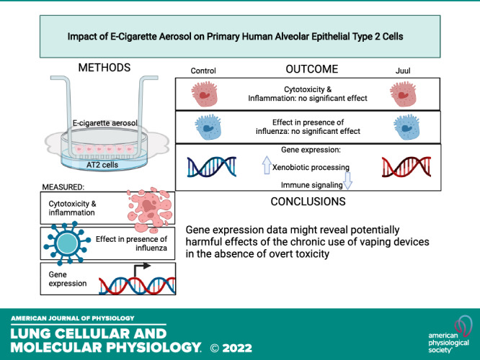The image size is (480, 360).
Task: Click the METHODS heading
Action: click(105, 68)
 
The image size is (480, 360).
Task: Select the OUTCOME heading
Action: click(312, 69)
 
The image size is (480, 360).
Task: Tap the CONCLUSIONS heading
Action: click(308, 202)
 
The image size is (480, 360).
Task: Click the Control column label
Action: click(203, 71)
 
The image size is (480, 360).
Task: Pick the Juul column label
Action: click(403, 71)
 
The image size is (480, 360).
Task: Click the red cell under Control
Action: click(205, 94)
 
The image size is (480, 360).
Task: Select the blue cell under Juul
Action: click(406, 127)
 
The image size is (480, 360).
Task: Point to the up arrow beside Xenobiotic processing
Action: click(267, 165)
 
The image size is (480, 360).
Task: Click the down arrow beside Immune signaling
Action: click(348, 181)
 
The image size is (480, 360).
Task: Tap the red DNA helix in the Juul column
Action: click(406, 167)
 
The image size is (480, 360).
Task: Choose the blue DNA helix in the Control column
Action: click(212, 167)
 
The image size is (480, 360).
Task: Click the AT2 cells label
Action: click(102, 165)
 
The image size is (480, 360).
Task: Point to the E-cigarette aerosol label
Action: click(105, 123)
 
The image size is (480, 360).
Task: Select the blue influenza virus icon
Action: click(67, 243)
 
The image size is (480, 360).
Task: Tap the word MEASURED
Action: click(63, 187)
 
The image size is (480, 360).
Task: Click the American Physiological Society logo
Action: click(450, 335)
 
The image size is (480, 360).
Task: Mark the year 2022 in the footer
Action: click(237, 348)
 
